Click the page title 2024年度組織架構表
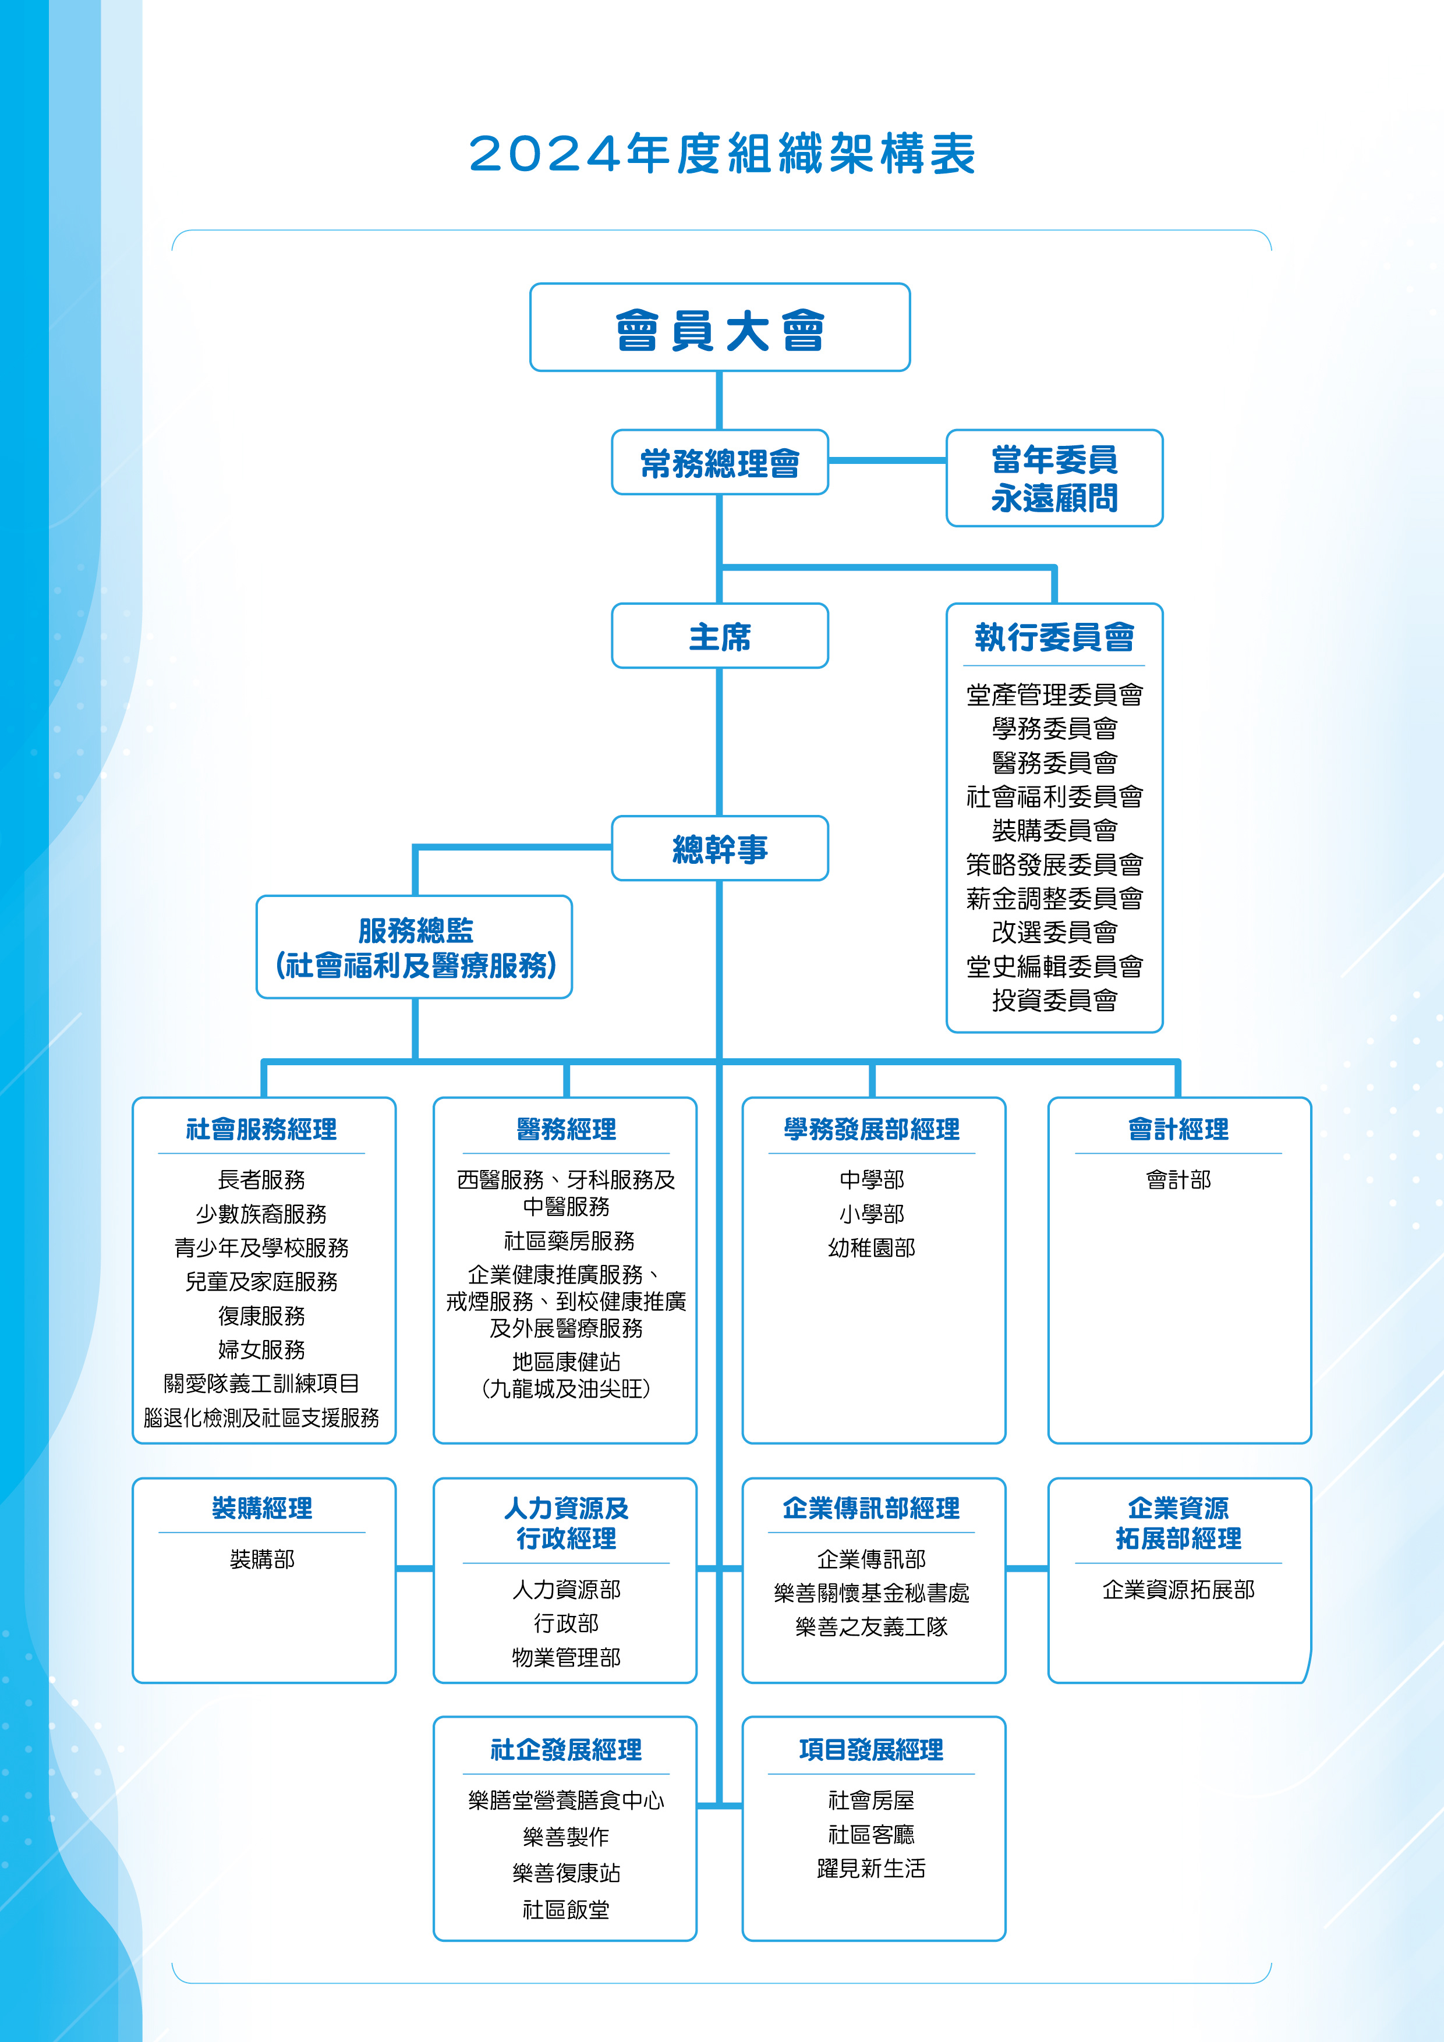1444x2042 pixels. [x=721, y=154]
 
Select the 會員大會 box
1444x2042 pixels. [x=720, y=327]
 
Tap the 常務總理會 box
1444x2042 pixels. [x=720, y=462]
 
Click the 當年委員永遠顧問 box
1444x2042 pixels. [x=1054, y=478]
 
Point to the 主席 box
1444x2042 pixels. [x=720, y=636]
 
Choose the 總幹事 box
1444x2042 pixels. [x=720, y=849]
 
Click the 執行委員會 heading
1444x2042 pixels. [x=1054, y=637]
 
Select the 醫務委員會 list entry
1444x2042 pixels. [x=1054, y=762]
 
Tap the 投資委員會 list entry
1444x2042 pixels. [x=1054, y=1001]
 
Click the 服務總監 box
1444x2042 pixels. [x=415, y=947]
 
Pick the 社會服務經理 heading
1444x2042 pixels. [x=261, y=1129]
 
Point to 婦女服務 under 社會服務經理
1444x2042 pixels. [x=261, y=1349]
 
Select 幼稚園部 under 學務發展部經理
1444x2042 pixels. [x=872, y=1248]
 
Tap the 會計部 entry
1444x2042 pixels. [x=1179, y=1180]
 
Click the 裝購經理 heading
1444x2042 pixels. [x=261, y=1508]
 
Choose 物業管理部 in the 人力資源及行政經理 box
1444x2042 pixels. [x=567, y=1658]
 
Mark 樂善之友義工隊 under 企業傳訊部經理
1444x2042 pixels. [x=872, y=1626]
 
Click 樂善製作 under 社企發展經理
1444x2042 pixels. [x=567, y=1837]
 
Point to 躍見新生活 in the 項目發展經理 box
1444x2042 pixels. [x=872, y=1869]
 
